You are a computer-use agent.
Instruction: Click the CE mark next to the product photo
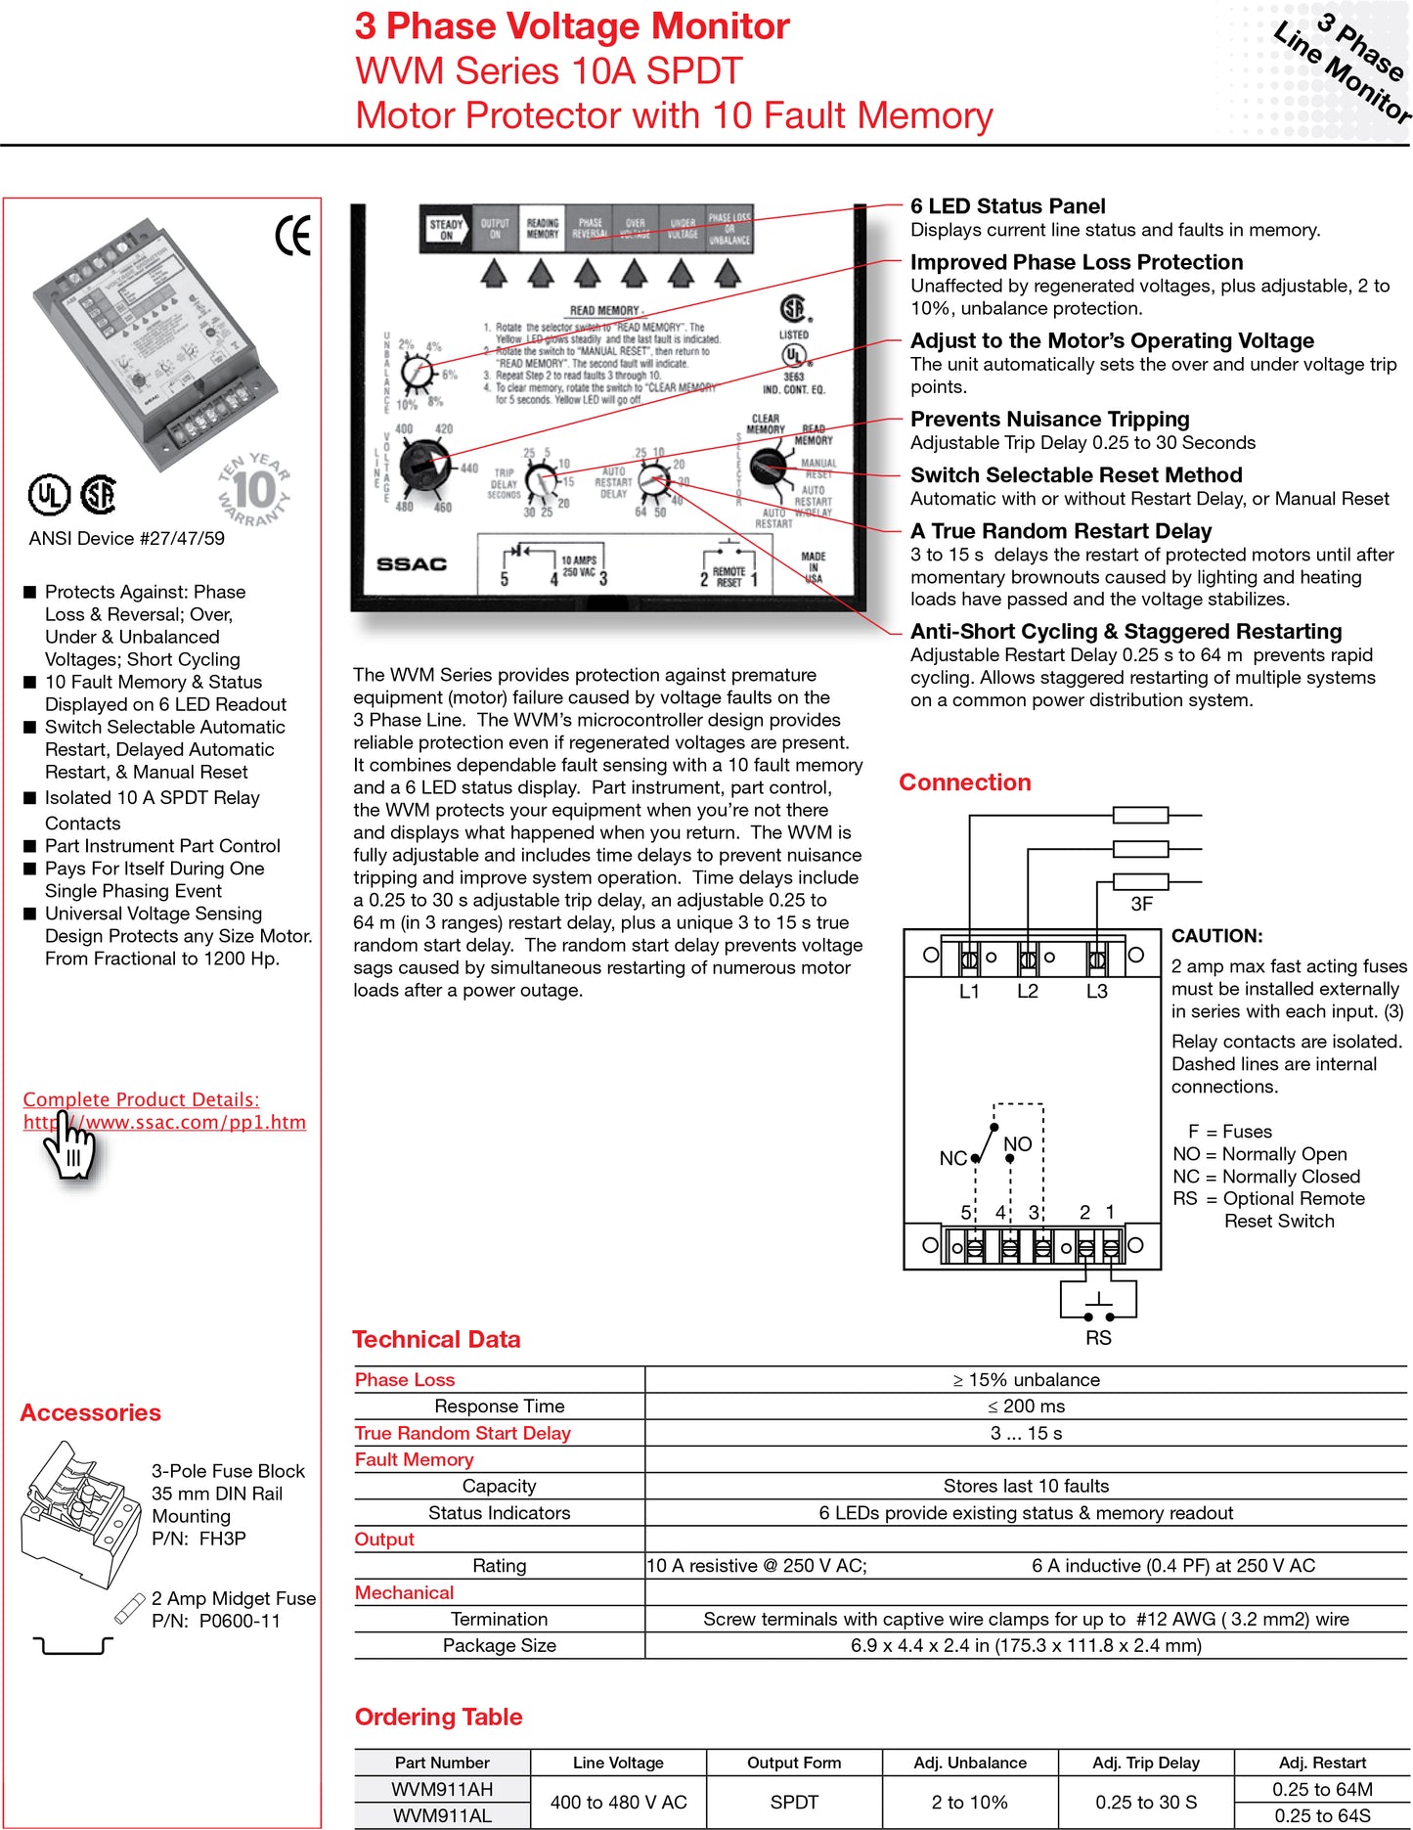[292, 235]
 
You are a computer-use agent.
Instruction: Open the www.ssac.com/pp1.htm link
[164, 1122]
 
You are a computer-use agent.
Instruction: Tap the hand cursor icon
[70, 1148]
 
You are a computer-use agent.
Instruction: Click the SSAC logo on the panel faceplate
[411, 564]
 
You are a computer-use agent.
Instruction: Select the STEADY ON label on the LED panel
[446, 230]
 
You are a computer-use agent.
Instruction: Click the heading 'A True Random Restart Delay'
[1060, 531]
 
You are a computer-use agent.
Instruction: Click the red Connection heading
[964, 782]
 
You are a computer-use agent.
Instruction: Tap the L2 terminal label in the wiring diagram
[1027, 991]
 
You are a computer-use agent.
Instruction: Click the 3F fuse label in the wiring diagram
[1141, 904]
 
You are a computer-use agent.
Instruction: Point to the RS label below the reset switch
[1098, 1337]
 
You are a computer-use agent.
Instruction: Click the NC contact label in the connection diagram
[951, 1158]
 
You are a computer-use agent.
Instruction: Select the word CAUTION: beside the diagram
[1216, 936]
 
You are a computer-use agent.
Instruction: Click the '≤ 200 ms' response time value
[1025, 1406]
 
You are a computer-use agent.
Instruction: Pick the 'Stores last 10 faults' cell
[1025, 1486]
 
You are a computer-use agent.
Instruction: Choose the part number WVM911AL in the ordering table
[442, 1815]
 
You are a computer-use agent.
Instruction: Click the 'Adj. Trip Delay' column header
[1145, 1763]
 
